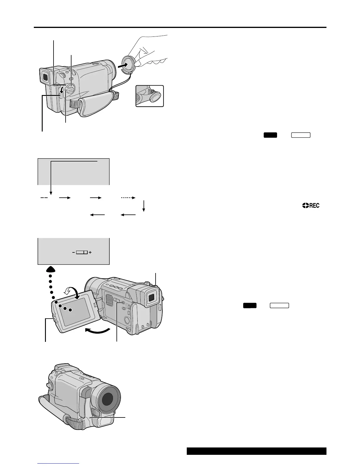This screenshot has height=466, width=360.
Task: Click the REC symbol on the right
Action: click(x=311, y=206)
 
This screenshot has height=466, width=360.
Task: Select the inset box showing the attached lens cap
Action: click(x=149, y=96)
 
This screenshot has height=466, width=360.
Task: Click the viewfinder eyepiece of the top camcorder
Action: click(x=44, y=77)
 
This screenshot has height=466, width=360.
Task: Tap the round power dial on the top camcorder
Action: click(x=69, y=89)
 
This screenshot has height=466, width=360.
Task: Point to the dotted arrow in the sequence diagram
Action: click(x=128, y=198)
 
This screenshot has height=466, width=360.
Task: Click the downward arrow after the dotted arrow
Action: click(x=144, y=206)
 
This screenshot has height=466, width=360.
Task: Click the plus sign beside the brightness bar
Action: click(x=90, y=252)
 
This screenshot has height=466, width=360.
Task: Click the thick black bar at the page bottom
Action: click(x=256, y=451)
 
